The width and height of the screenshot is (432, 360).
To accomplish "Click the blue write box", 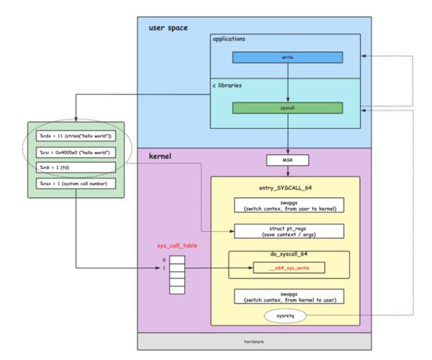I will pos(287,56).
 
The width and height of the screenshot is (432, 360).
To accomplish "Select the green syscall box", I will pos(287,107).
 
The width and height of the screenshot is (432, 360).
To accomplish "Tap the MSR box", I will pos(287,159).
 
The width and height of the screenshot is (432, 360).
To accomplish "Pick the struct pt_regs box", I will pos(287,231).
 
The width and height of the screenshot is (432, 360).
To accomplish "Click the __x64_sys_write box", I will pos(287,268).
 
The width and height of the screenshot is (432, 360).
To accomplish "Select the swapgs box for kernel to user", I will pos(287,296).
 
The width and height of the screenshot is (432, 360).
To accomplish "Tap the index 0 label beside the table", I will pos(164,259).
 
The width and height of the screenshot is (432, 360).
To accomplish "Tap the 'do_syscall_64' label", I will pos(287,256).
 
